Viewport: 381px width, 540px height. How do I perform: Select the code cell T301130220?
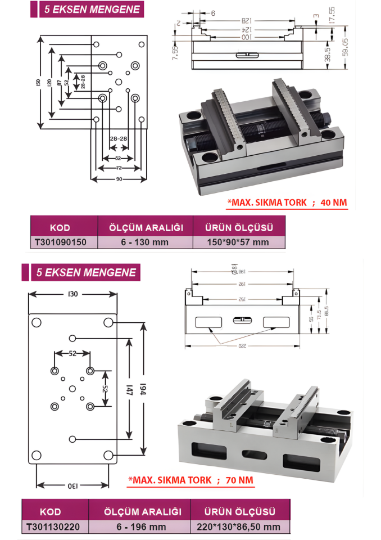pos(53,526)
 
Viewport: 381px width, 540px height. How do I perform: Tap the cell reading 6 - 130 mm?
pos(146,242)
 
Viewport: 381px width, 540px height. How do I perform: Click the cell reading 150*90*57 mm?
pos(239,242)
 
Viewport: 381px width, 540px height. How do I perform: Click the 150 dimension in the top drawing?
pos(38,82)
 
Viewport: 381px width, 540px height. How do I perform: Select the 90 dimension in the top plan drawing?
pos(119,179)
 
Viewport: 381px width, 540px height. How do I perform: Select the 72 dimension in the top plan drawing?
pos(119,168)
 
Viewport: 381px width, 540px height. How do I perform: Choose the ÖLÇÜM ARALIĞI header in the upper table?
pos(146,228)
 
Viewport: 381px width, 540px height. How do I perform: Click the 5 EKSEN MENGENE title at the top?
pos(87,10)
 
